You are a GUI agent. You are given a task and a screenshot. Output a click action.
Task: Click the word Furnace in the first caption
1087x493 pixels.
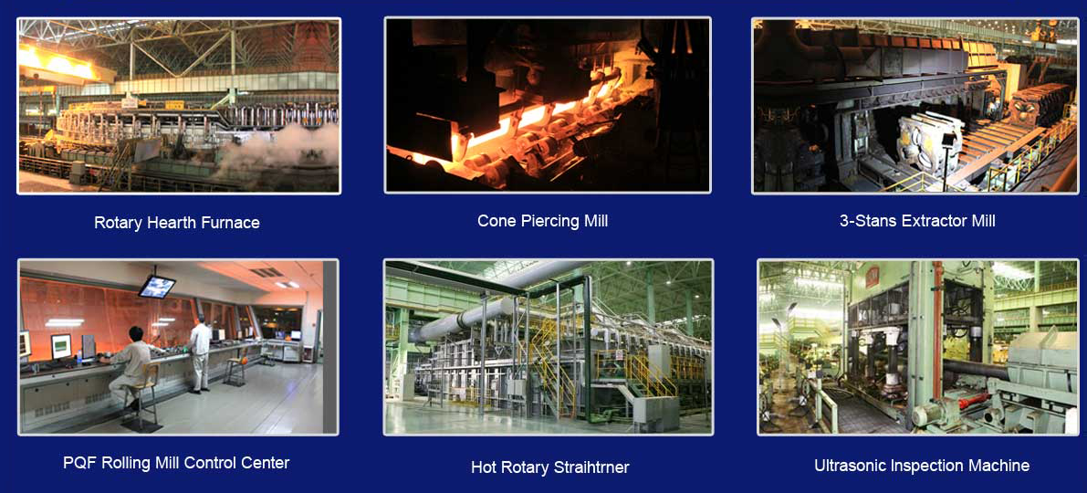[x=231, y=224]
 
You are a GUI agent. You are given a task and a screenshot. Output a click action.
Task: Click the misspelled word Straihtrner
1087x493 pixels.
[x=591, y=467]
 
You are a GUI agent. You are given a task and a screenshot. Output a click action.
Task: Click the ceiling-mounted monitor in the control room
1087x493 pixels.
[x=157, y=286]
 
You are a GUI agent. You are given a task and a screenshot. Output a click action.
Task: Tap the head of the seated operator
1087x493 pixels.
[x=136, y=334]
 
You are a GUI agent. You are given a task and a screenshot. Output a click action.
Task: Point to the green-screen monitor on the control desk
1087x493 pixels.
[x=61, y=346]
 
